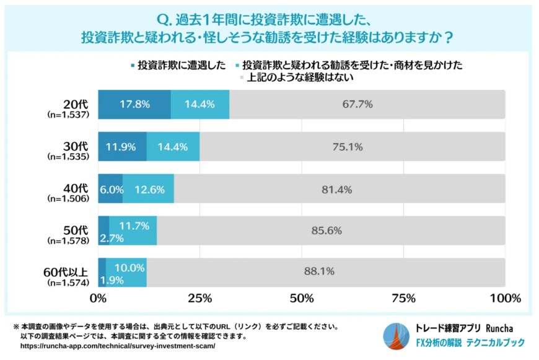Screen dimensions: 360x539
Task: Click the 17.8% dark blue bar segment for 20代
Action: click(134, 104)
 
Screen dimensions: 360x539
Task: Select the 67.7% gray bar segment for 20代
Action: click(367, 104)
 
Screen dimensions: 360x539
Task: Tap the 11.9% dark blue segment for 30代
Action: click(122, 147)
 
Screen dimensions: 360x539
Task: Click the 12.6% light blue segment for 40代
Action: click(149, 190)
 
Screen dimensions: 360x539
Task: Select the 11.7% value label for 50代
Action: click(132, 225)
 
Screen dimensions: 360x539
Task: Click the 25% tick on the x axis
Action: click(199, 299)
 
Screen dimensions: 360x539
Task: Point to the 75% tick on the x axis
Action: click(403, 299)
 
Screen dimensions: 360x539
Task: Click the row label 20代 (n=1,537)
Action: click(69, 109)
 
